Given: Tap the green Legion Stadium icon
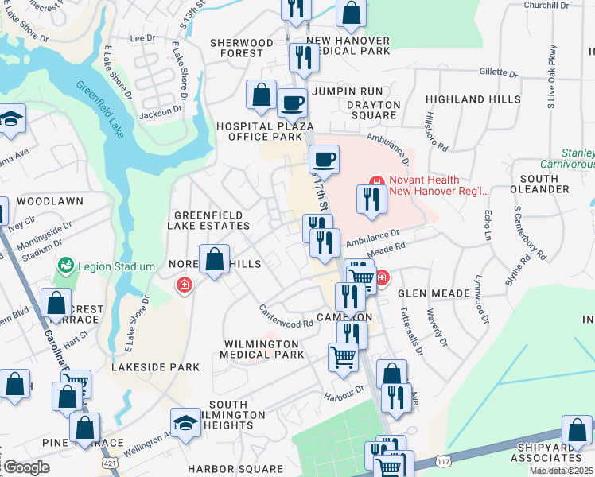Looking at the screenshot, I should coord(65,265).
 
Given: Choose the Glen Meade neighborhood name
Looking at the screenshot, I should coord(440,293).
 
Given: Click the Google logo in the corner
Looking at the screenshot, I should coord(25,467).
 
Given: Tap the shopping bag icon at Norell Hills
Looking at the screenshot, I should coord(214,259).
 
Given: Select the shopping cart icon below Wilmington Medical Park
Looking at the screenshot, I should coord(343,357).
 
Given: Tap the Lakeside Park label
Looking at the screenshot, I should coord(144,368).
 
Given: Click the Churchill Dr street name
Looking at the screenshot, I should coord(547,5).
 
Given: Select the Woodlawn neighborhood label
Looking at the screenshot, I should coord(49,201).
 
